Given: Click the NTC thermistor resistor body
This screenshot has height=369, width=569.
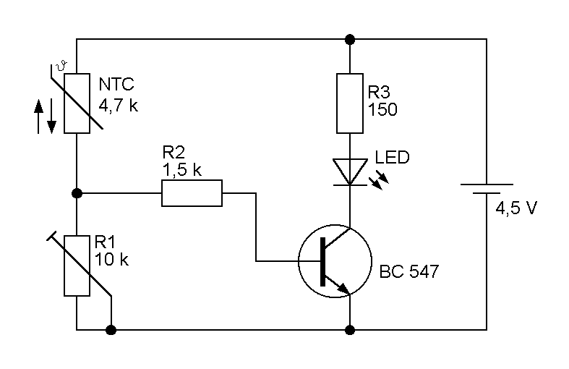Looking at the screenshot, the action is coord(77,103).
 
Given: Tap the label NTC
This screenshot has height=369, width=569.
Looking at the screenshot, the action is coord(116,84).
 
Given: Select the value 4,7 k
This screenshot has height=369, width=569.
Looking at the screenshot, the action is coord(119,106).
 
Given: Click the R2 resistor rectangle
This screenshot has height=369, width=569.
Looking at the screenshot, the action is coord(192,193).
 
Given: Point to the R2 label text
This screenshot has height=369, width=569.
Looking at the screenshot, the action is coord(174,152).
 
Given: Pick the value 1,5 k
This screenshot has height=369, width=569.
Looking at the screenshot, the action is coord(181,170).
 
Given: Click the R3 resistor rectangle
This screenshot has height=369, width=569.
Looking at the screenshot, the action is coord(350,103).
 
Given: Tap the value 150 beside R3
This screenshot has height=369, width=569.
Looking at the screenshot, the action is coord(382,109).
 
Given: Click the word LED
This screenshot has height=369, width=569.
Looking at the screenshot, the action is coord(393,157).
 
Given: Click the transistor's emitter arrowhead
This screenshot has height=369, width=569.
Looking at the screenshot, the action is coord(343,289).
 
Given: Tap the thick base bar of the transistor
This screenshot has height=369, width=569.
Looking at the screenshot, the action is coord(322,261).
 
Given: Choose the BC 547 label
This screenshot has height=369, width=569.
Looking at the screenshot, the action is coord(409,271).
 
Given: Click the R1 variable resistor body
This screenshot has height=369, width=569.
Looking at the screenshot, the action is coord(77,266).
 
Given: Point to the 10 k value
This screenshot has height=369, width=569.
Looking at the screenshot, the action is coord(111,260).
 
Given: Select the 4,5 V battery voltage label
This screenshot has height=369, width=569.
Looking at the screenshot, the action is coord(515,208).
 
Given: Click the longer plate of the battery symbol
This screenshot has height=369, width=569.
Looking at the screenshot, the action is coord(487,184).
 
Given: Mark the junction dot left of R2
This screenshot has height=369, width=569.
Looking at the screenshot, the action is coord(77,193).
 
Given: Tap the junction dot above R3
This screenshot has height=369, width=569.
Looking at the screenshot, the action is coord(350,39).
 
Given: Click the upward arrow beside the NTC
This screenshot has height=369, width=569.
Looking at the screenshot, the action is coord(38,116).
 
